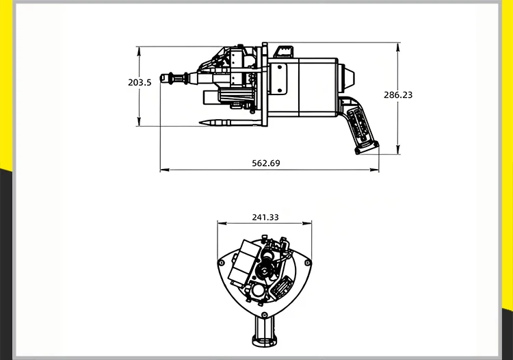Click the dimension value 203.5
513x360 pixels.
[140, 82]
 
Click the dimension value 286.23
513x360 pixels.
[398, 95]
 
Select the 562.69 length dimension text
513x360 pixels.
[266, 163]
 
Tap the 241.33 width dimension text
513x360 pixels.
[265, 217]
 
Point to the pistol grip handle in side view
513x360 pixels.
[360, 126]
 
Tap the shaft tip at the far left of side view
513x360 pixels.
[164, 78]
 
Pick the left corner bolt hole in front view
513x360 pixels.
[222, 263]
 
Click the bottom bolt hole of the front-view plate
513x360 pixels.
[265, 311]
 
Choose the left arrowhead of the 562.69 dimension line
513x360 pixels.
[163, 170]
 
